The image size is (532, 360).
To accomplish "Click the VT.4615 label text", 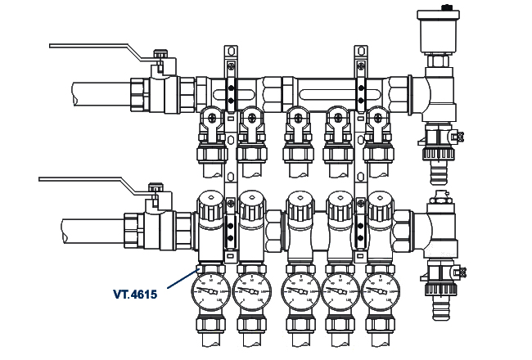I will click(x=134, y=292).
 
